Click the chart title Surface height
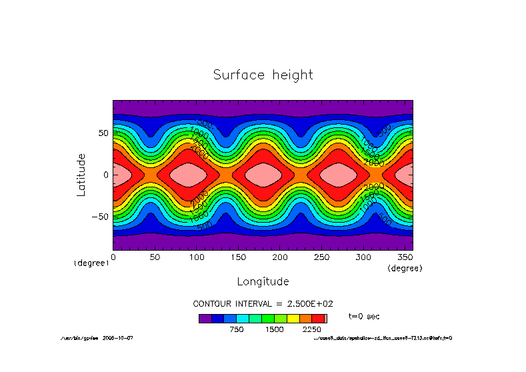point(263,75)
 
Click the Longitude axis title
point(263,281)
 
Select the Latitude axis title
point(81,174)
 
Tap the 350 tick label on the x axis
point(405,257)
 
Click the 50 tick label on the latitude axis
point(103,133)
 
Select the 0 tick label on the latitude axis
point(106,175)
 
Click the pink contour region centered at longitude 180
point(263,175)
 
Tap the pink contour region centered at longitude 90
point(188,175)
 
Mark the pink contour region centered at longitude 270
point(338,175)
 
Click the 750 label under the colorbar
point(237,329)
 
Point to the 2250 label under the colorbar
point(312,329)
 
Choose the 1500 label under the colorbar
point(274,329)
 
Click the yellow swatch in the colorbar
point(293,319)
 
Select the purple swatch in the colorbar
point(205,319)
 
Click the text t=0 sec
point(364,316)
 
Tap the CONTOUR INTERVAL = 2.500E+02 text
point(263,303)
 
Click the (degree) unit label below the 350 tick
point(405,268)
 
